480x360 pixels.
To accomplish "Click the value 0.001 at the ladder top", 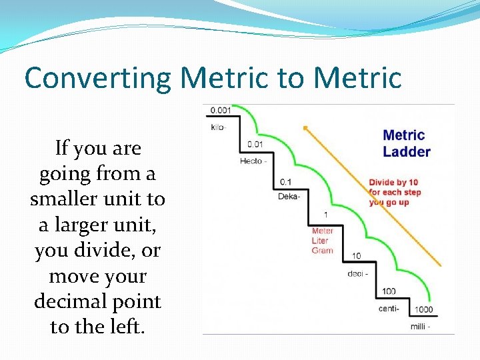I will [x=221, y=111].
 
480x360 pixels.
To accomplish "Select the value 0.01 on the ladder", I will [x=255, y=144].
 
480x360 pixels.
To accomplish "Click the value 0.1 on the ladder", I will [x=286, y=182].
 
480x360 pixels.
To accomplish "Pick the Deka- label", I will [x=289, y=197].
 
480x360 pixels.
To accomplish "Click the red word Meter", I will [x=323, y=231].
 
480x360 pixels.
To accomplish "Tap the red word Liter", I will [x=321, y=241].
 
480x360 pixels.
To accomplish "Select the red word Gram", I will [x=322, y=251].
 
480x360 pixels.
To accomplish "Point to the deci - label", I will [x=359, y=274].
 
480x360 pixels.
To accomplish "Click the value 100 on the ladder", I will [x=389, y=291].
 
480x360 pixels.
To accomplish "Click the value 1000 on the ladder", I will [x=423, y=309].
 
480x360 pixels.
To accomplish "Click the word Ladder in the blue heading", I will [x=407, y=152].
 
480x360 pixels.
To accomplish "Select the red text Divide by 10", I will [x=393, y=183].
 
